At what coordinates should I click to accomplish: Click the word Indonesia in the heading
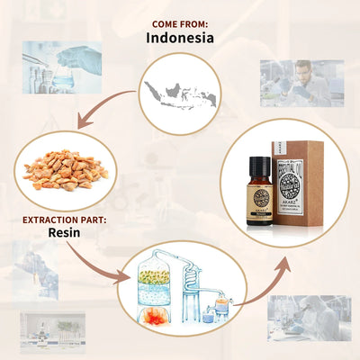[180, 38]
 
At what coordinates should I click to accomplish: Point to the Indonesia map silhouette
[180, 94]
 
